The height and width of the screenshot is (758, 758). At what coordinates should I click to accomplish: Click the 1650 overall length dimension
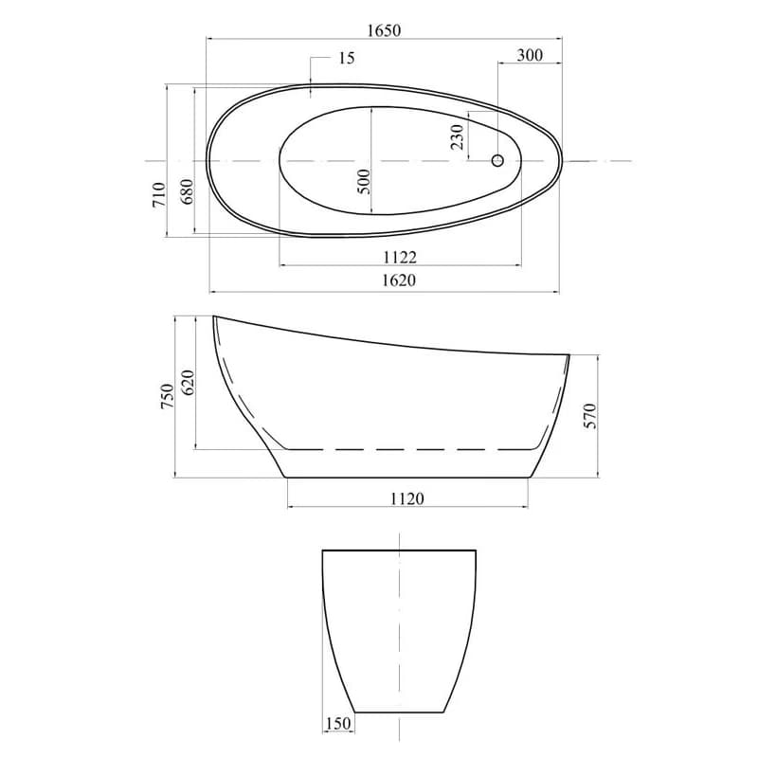click(x=384, y=30)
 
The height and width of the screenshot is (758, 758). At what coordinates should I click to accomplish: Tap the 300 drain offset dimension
click(x=530, y=55)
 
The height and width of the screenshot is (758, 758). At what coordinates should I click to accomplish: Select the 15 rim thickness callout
click(x=346, y=58)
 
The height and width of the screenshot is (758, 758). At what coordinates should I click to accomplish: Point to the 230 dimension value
click(x=457, y=136)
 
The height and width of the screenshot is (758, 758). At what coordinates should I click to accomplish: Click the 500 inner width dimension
click(x=364, y=181)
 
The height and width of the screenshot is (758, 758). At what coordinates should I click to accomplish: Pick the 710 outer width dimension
click(x=159, y=194)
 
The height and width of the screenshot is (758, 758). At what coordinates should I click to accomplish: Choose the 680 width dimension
click(x=187, y=191)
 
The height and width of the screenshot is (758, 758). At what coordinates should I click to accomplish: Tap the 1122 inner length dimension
click(x=400, y=257)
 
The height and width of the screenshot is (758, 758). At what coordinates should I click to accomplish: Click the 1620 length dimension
click(x=399, y=280)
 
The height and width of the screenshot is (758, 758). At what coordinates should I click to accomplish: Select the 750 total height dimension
click(x=168, y=396)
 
